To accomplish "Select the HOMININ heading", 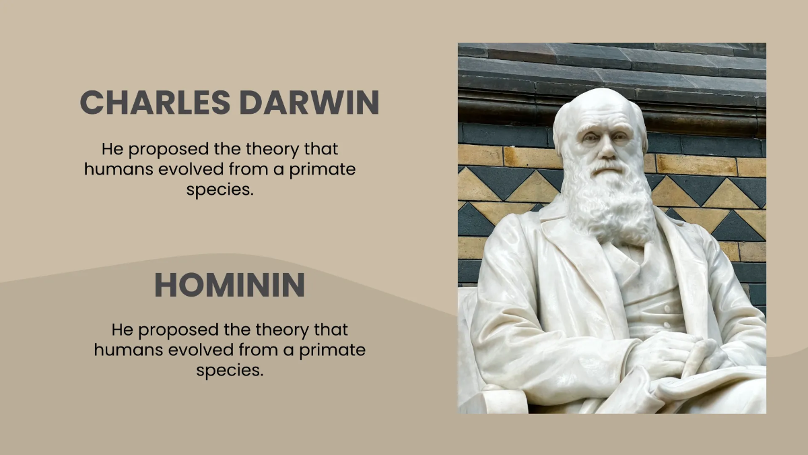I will pyautogui.click(x=230, y=285).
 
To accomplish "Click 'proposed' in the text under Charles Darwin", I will pyautogui.click(x=168, y=148).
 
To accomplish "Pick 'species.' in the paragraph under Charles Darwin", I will pyautogui.click(x=220, y=190).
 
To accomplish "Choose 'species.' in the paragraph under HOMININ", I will pyautogui.click(x=230, y=371).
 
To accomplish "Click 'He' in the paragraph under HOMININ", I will pyautogui.click(x=120, y=330).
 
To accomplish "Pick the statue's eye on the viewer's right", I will pyautogui.click(x=618, y=138).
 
